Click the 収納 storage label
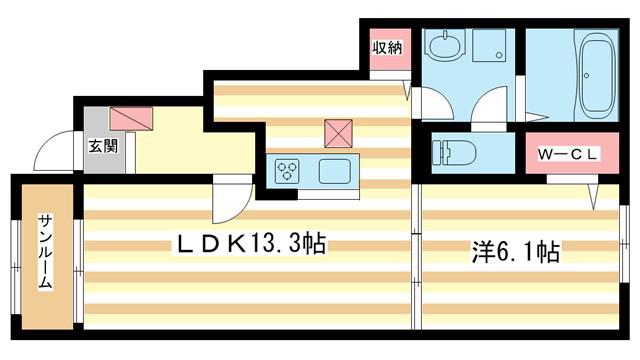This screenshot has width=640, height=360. [x=387, y=48]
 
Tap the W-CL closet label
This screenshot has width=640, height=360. [x=567, y=154]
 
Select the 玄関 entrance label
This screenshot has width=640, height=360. [x=103, y=146]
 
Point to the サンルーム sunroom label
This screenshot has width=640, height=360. [x=45, y=252]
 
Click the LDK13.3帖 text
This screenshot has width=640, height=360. [x=251, y=244]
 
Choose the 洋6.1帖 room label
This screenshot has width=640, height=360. [x=516, y=251]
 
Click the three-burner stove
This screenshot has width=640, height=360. [x=288, y=171]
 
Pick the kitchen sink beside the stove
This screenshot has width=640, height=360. [x=335, y=171]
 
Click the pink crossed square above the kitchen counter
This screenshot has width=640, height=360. [x=338, y=133]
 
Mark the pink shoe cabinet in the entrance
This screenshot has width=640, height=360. [x=131, y=119]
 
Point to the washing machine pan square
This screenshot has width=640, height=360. [x=489, y=45]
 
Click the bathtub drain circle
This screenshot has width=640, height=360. [x=587, y=76]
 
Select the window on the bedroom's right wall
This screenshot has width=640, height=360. [x=624, y=244]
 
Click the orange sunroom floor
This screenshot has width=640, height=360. [x=47, y=257]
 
